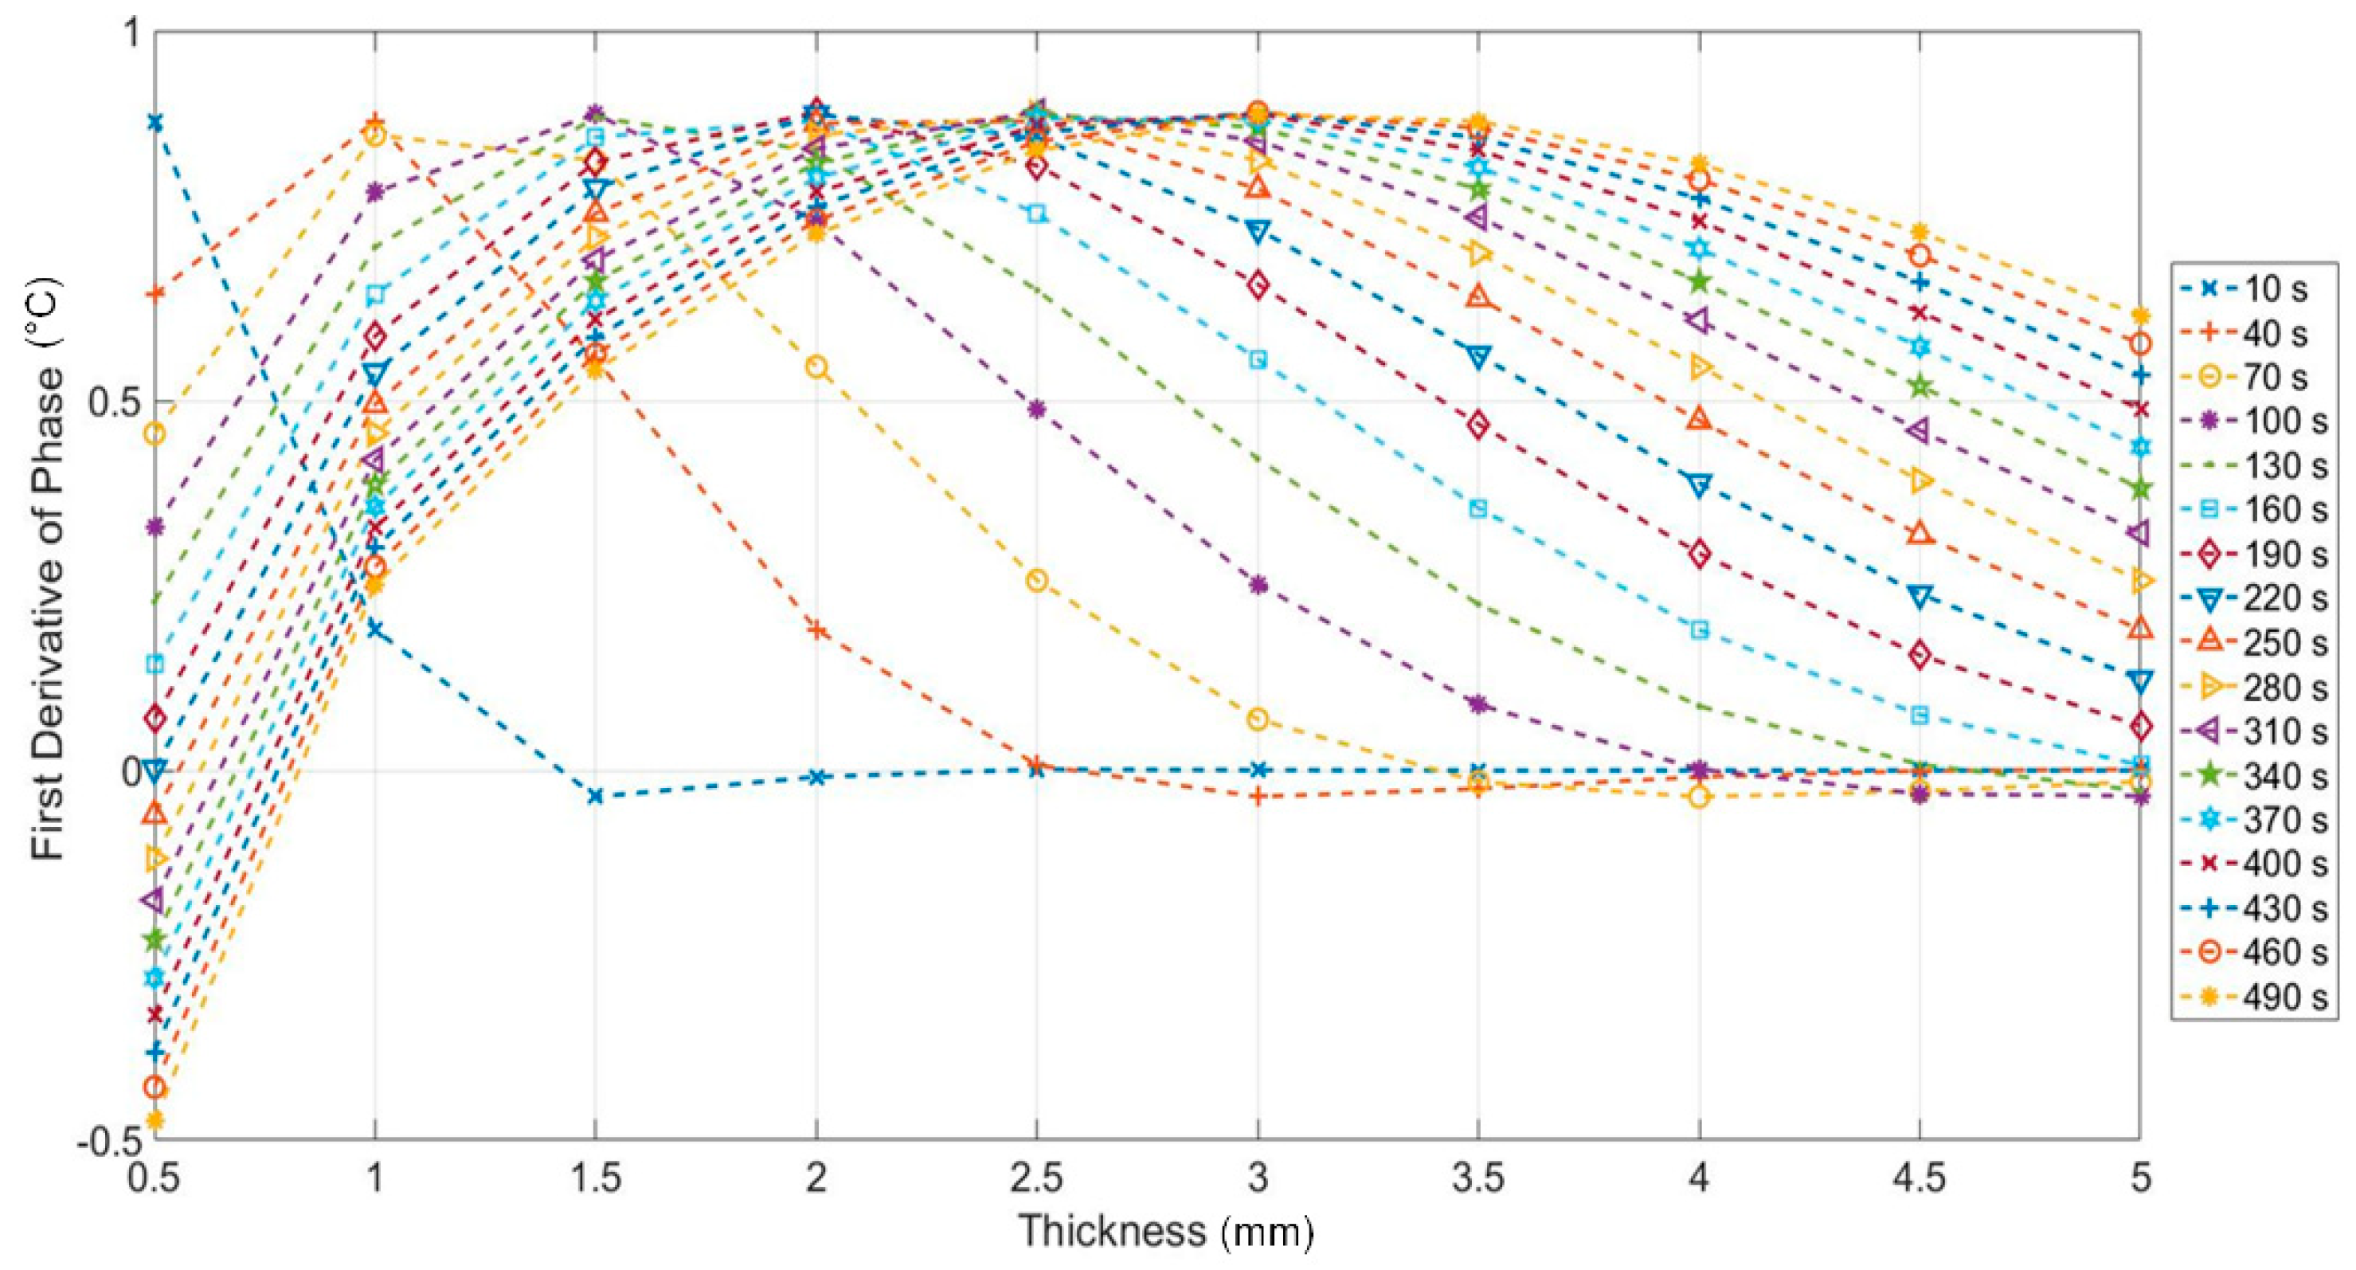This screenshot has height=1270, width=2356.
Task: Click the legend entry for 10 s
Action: point(2260,290)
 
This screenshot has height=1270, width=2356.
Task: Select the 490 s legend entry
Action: point(2260,997)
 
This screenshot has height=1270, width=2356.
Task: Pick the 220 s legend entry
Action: point(2260,599)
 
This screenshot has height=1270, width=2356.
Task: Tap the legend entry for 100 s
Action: point(2260,421)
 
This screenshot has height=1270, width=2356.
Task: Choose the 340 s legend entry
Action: point(2260,776)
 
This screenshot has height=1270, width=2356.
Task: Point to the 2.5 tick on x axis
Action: point(1036,1178)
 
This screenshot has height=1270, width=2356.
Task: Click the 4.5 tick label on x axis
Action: point(1919,1178)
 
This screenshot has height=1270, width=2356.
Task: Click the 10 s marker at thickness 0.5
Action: point(155,122)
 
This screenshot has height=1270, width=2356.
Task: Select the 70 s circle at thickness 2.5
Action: point(1036,580)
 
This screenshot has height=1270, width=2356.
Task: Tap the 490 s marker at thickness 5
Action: point(2139,316)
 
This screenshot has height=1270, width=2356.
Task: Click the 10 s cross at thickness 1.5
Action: point(596,796)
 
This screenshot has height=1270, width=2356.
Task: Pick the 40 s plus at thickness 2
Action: point(816,630)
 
